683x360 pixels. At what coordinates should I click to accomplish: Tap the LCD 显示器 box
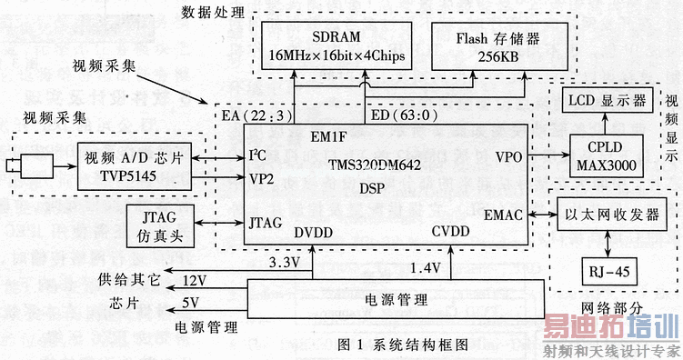[603, 101]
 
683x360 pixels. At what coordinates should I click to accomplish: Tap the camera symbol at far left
[26, 165]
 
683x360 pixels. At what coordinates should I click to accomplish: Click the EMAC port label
[502, 215]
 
